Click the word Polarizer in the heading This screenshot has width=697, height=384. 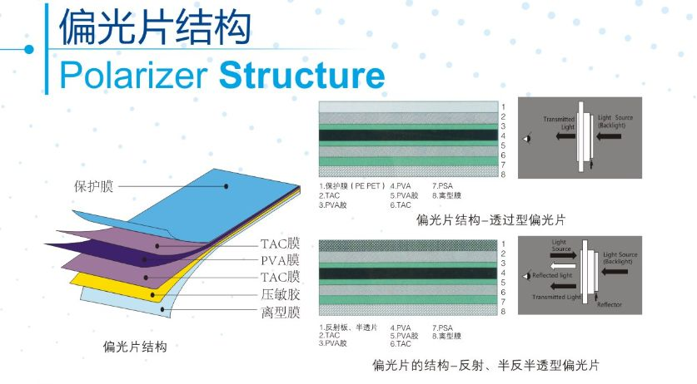pos(133,76)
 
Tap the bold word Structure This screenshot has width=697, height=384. pos(301,75)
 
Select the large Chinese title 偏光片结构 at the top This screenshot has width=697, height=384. pos(155,27)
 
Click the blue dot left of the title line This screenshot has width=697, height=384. pos(29,49)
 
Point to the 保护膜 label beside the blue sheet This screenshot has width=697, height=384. pos(93,186)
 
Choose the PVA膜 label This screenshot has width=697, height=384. pos(280,260)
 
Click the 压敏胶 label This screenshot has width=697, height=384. pos(281,294)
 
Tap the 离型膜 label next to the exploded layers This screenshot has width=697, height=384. pos(281,312)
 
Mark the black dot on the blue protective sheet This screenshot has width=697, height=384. pos(227,186)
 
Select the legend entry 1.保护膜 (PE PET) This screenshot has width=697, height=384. pos(351,186)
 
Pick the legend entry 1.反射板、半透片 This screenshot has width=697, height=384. pos(347,327)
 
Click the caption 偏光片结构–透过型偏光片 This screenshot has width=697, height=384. pos(490,219)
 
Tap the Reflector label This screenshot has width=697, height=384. pos(610,304)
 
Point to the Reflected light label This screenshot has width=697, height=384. pos(552,275)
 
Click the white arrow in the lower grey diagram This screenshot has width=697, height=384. pos(563,266)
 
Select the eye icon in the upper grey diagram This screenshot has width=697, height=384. pos(527,139)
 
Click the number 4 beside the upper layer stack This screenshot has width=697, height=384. pos(503,135)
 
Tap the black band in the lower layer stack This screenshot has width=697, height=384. pos(407,273)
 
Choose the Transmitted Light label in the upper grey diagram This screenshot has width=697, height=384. pos(559,123)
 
